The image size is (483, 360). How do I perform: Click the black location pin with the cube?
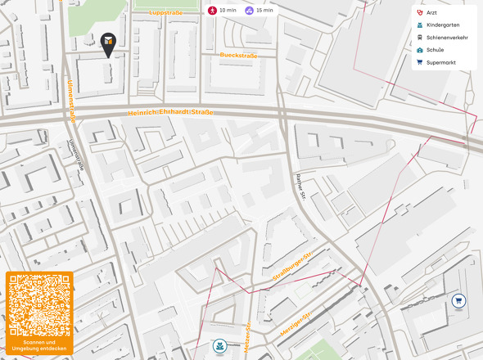108,43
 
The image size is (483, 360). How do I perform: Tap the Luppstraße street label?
167,13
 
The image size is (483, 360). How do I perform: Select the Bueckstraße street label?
238,56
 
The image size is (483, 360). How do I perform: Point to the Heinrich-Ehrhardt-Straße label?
171,113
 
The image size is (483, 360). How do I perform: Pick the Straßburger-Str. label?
293,271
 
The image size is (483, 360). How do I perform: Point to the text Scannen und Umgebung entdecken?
39,346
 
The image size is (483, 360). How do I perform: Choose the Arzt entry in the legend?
431,13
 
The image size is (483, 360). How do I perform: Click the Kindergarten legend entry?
442,25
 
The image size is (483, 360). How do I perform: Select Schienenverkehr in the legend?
446,38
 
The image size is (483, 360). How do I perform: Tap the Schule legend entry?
435,50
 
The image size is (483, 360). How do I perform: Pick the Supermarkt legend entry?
440,62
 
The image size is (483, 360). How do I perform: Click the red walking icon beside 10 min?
212,11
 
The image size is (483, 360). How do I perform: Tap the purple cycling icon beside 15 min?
249,11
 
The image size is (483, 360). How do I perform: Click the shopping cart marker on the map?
458,300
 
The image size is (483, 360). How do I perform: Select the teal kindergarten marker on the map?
219,346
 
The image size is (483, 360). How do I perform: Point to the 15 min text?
264,11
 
